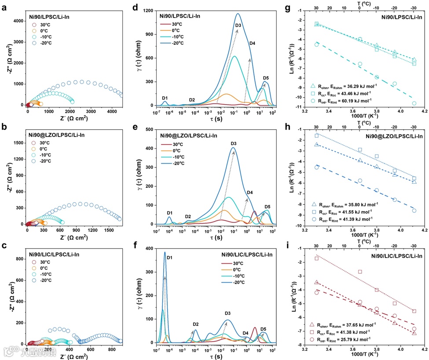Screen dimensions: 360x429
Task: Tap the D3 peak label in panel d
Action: pos(238,25)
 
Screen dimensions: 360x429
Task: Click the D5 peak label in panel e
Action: pos(268,207)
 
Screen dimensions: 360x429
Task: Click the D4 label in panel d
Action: pos(252,43)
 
